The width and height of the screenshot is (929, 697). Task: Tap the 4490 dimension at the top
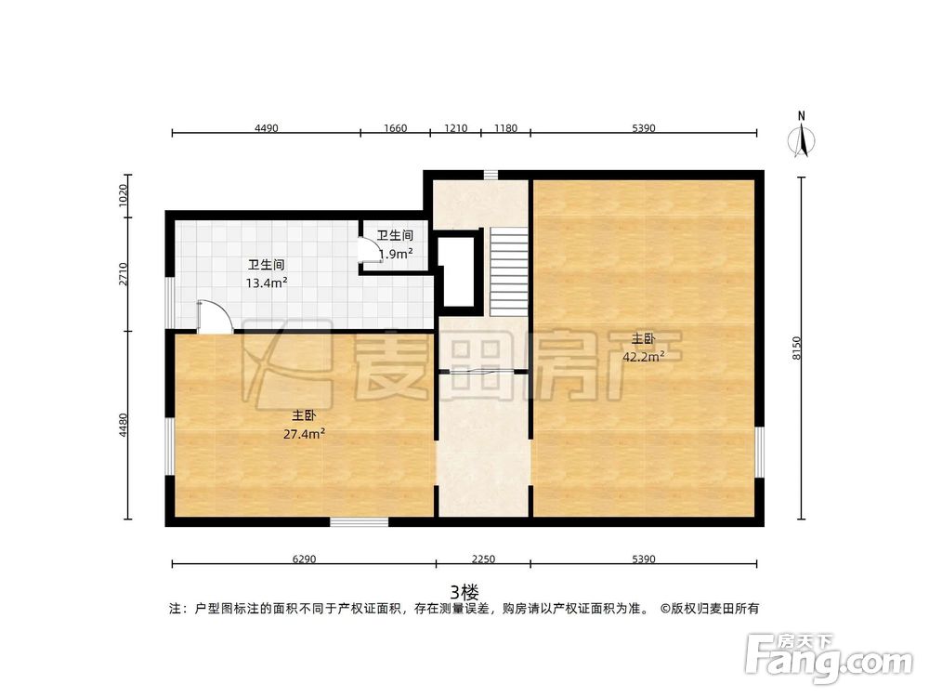tap(266, 128)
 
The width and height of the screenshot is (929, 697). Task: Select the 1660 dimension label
tap(395, 128)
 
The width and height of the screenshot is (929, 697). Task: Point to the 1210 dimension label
tap(455, 128)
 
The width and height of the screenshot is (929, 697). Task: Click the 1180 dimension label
tap(505, 128)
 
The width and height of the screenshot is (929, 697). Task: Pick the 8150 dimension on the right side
tap(796, 349)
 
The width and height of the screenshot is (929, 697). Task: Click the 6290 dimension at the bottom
tap(304, 559)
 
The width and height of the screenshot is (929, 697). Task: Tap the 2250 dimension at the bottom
tap(483, 559)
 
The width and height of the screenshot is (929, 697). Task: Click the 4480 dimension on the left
tap(123, 425)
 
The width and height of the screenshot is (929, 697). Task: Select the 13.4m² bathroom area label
tap(266, 283)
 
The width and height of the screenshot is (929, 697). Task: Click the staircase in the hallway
tap(508, 270)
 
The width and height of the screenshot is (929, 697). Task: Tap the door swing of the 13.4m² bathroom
tap(213, 316)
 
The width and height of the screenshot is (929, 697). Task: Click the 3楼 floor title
tap(464, 591)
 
